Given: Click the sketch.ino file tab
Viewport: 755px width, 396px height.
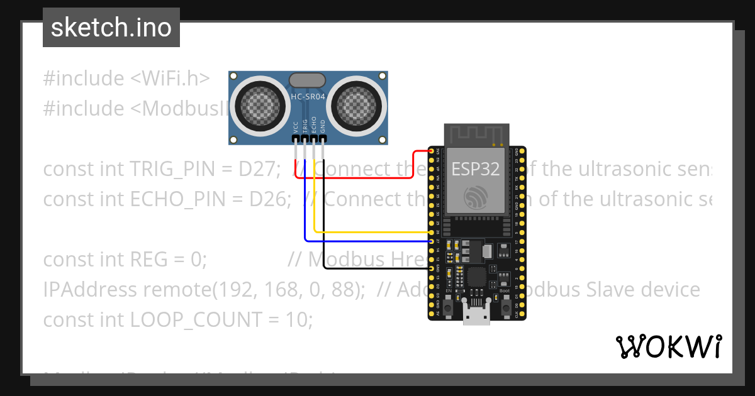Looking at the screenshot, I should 111,28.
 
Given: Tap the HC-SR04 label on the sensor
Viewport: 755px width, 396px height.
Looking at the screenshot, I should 308,97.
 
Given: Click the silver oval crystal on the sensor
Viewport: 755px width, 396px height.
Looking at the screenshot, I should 307,80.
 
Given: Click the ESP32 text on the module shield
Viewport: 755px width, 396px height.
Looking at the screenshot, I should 475,168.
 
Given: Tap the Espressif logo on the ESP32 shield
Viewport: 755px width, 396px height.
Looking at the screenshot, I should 476,197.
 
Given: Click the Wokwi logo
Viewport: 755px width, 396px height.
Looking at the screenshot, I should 668,346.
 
